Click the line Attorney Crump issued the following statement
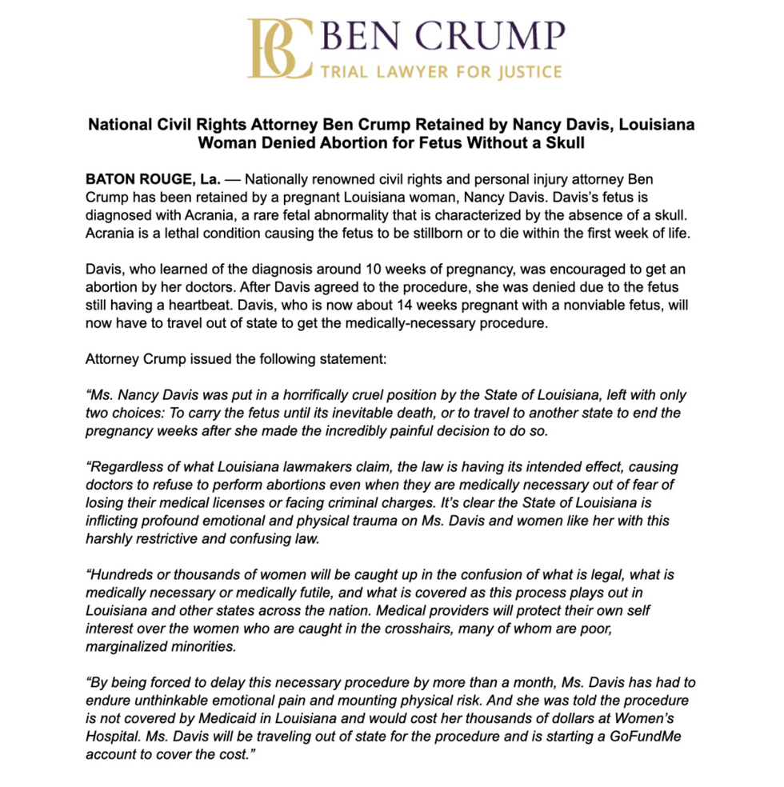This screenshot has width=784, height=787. point(236,358)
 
